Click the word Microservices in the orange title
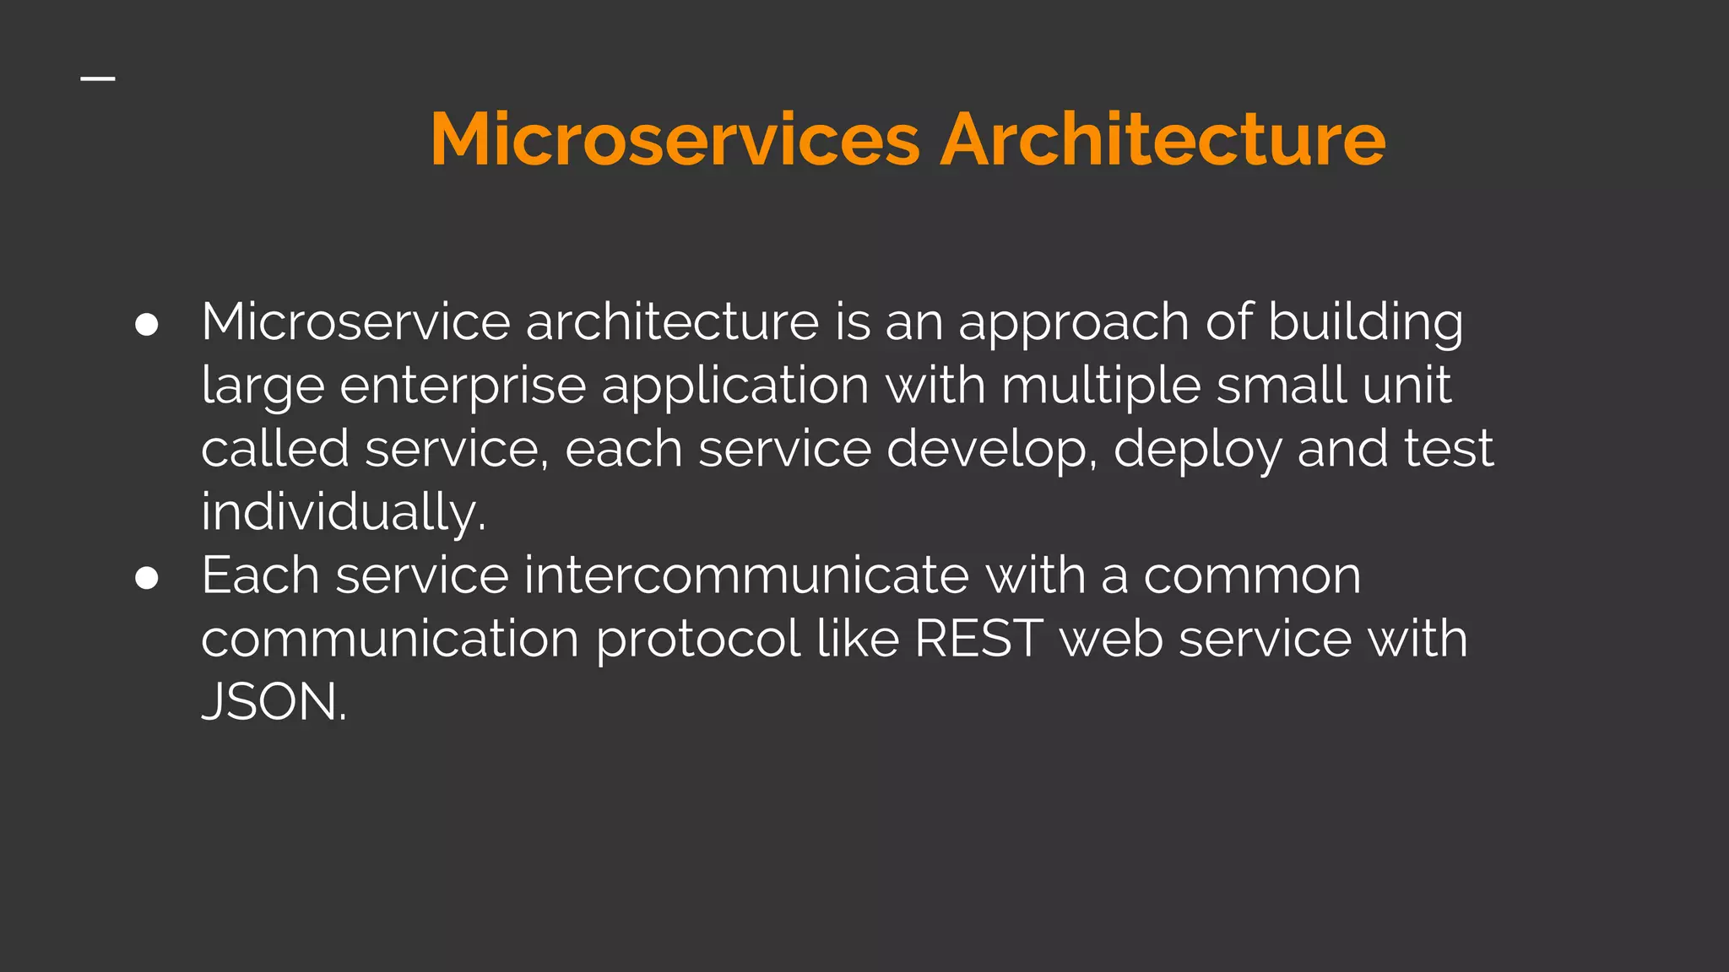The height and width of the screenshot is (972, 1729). coord(675,139)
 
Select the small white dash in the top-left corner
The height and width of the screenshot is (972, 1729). coord(98,79)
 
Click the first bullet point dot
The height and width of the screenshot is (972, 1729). coord(147,325)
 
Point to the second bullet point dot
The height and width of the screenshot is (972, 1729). coord(147,578)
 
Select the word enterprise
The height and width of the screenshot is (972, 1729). coord(463,387)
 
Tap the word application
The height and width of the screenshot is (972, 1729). coord(734,387)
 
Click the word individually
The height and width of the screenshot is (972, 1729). coord(343,513)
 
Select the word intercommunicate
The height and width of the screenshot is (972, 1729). coord(746,576)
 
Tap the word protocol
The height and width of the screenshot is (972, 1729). coord(698,640)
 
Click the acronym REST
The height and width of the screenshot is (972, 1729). coord(978,639)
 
